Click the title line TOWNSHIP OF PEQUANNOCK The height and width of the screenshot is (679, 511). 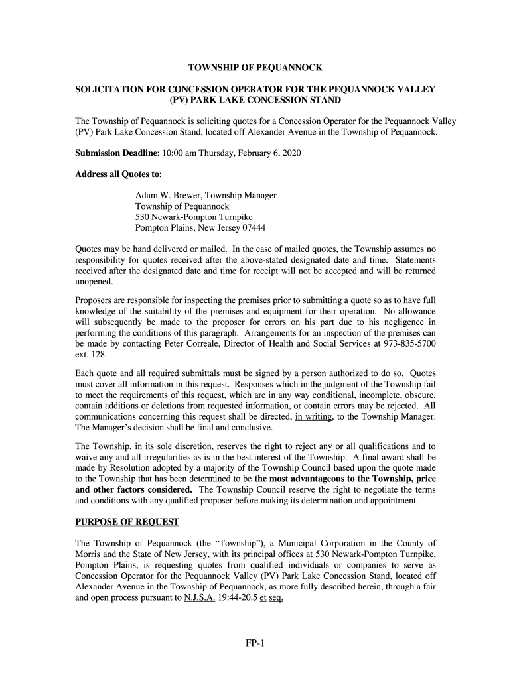256,68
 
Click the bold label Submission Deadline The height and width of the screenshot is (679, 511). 115,153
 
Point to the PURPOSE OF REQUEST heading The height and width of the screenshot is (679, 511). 127,522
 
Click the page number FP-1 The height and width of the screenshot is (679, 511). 255,643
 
